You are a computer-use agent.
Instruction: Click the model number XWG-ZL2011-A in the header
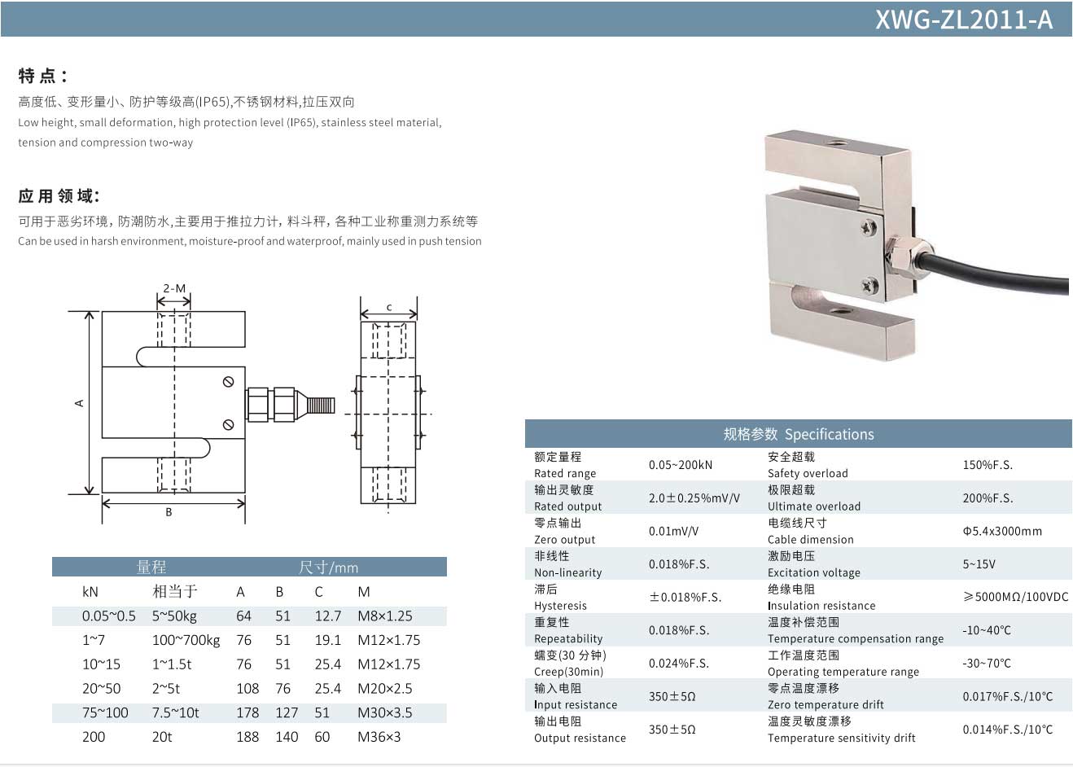963,20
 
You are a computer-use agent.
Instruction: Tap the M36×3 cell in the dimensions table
379,737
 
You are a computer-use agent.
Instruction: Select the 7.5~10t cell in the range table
175,712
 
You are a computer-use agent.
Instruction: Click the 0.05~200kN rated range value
680,465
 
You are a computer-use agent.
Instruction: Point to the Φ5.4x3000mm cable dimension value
1001,531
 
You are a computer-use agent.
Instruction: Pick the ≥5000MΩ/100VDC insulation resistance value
1015,597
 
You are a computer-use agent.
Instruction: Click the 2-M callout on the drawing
174,288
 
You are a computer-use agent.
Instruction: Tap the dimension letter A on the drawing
80,402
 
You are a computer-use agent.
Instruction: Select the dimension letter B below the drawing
169,512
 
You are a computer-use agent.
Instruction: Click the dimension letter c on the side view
389,307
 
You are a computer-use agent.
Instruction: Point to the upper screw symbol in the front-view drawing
229,382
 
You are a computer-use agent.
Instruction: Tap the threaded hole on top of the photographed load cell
836,144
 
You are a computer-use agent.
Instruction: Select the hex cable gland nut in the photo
900,254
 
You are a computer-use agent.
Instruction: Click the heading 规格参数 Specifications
798,434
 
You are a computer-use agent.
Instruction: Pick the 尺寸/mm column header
328,567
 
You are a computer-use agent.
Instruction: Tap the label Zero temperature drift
825,704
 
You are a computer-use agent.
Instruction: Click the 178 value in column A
247,712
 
